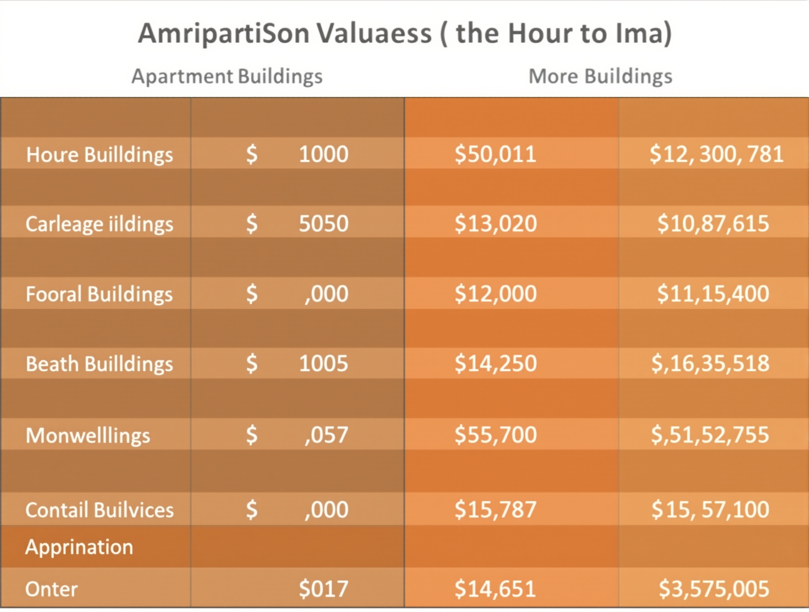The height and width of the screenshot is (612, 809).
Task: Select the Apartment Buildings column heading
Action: click(x=227, y=77)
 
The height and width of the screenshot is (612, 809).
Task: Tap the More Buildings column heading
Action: click(x=600, y=77)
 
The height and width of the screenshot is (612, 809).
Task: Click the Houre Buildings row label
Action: click(x=99, y=155)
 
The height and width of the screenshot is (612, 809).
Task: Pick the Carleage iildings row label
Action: click(x=99, y=224)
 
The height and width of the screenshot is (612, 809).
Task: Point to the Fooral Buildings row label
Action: click(x=99, y=294)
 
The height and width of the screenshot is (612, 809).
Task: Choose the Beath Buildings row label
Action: click(x=99, y=364)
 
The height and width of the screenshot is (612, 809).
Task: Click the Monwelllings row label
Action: click(x=88, y=435)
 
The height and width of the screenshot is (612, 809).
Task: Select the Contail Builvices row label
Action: click(x=99, y=510)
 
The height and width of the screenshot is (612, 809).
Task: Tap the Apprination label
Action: click(x=79, y=547)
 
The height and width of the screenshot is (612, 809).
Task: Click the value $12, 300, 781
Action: click(x=716, y=154)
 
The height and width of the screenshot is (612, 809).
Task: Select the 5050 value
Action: click(x=323, y=223)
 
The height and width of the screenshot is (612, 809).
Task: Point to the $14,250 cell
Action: click(x=496, y=363)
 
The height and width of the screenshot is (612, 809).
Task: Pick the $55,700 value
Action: click(x=496, y=435)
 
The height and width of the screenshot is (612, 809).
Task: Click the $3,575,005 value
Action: click(x=714, y=588)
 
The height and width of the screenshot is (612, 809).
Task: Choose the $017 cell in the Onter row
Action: click(x=323, y=588)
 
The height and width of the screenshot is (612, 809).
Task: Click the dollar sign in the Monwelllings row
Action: click(x=252, y=435)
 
